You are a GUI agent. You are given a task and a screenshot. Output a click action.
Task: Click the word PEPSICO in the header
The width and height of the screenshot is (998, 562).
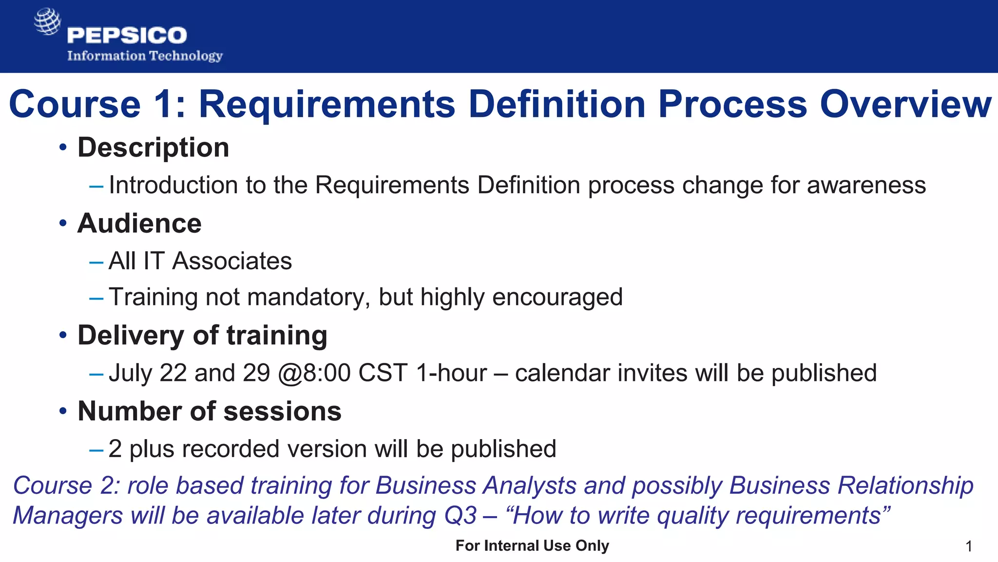[x=127, y=36]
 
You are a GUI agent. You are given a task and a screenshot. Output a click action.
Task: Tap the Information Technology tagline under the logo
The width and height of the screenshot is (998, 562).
[x=145, y=56]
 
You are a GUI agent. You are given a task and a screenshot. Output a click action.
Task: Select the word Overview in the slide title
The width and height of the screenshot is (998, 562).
[x=905, y=104]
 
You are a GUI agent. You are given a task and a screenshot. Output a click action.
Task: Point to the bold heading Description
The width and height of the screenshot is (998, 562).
[x=153, y=147]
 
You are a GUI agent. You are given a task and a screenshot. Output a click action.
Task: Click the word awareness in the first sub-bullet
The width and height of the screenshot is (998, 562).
[x=866, y=185]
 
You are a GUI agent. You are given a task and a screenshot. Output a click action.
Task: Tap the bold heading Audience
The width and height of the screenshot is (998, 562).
[x=139, y=223]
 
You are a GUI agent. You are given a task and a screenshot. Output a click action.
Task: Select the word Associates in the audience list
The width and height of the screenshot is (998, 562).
[x=232, y=261]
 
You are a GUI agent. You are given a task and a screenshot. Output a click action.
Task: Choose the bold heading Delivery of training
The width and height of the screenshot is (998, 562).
[x=202, y=336]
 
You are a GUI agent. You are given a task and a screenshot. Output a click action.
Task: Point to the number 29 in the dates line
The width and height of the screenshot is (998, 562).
[x=256, y=373]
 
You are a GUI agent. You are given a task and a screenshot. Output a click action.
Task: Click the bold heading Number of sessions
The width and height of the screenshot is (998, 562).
[x=210, y=411]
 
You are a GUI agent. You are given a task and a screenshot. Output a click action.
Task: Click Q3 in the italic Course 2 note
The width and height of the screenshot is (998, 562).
[x=460, y=516]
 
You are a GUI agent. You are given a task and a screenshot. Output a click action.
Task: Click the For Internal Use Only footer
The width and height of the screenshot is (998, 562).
[x=532, y=545]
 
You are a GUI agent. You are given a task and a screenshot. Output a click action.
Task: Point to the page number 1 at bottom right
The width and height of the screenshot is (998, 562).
[x=969, y=546]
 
